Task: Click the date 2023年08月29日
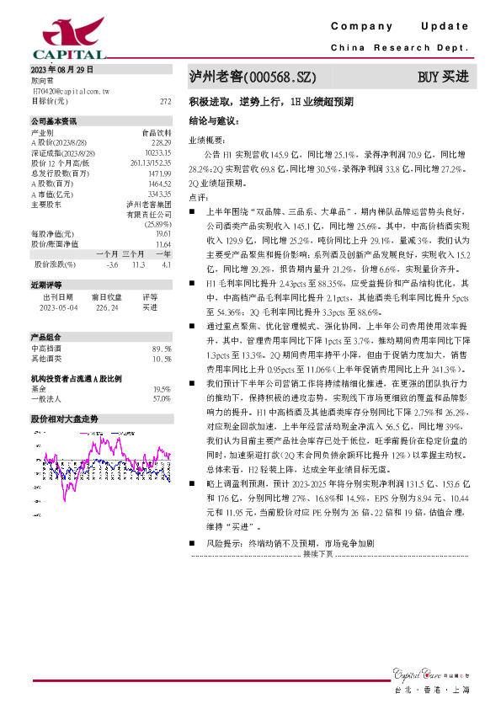pyautogui.click(x=62, y=70)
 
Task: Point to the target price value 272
pyautogui.click(x=165, y=100)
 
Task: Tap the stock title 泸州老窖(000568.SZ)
pyautogui.click(x=252, y=77)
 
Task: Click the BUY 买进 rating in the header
pyautogui.click(x=443, y=77)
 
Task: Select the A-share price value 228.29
pyautogui.click(x=162, y=142)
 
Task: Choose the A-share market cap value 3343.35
pyautogui.click(x=160, y=193)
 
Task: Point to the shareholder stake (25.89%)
pyautogui.click(x=158, y=223)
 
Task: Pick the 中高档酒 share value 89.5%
pyautogui.click(x=162, y=348)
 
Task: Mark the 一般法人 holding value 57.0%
pyautogui.click(x=162, y=398)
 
